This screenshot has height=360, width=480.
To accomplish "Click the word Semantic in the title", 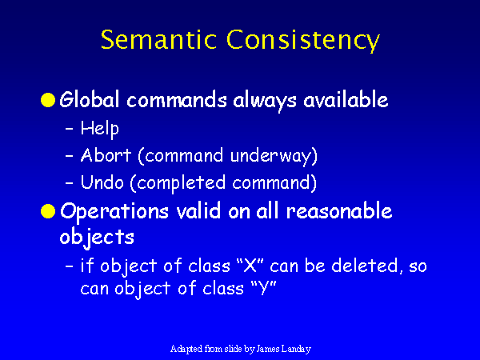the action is coord(158,39).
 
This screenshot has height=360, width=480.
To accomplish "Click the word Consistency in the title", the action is coord(303,41).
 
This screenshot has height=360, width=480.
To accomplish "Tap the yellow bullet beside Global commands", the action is coord(48,100).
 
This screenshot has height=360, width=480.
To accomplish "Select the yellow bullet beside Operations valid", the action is coord(48,211).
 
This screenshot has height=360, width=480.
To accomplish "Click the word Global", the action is coord(90,99).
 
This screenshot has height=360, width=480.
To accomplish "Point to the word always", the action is coord(265,101).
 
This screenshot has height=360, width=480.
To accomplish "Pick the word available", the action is coord(346,99).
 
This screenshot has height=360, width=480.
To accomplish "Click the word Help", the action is coord(99,129).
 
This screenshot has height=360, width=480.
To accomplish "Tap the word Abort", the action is coord(106,155).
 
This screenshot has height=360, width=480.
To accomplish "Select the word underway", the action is coord(274,156).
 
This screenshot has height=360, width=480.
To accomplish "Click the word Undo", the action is coord(102,182).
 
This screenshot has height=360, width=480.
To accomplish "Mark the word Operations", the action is coord(114,211).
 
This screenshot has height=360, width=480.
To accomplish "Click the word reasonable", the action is coord(339,211).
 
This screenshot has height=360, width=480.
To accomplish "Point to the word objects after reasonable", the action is coord(97,238).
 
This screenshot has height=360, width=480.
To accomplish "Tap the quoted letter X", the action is coord(250,265).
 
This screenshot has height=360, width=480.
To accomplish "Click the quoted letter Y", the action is coord(263,288).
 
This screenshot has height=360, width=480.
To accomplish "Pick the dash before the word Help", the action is coord(70,129).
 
